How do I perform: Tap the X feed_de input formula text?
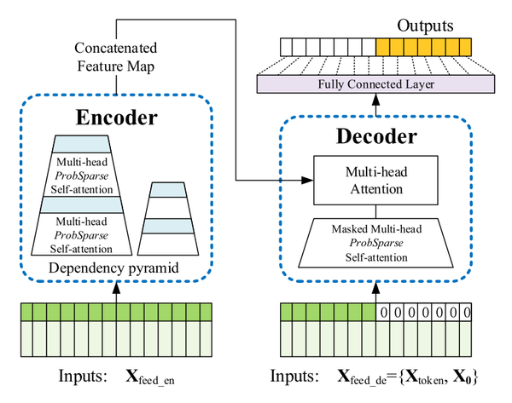coord(405,376)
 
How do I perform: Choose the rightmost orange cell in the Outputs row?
coord(463,45)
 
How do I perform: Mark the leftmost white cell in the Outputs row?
coord(289,45)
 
